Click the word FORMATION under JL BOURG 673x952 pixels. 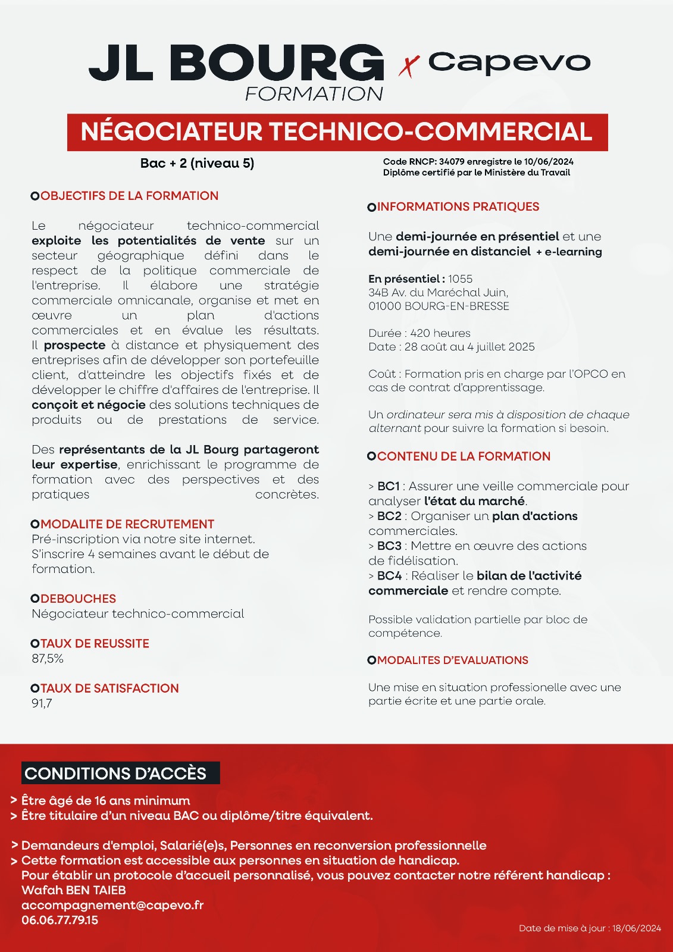314,94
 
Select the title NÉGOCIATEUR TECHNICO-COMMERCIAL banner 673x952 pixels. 337,131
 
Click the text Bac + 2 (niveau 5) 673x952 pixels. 197,163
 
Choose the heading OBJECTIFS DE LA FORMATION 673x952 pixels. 129,196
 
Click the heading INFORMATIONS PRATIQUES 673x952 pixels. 458,206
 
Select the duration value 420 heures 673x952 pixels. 440,333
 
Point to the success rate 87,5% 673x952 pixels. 48,659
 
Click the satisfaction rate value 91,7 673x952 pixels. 42,703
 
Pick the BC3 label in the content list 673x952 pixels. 389,546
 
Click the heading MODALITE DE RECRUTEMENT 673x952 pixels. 127,524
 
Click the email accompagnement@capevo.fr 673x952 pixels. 112,905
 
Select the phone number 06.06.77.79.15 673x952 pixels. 60,920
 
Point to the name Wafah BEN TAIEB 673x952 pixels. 74,890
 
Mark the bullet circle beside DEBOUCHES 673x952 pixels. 35,599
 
